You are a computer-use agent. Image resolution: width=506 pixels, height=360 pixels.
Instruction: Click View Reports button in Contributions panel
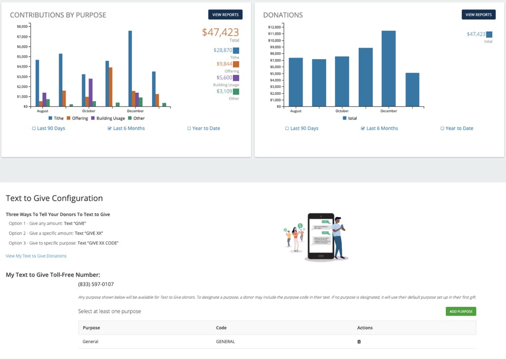225,15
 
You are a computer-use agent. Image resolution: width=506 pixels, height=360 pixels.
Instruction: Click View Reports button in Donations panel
479,15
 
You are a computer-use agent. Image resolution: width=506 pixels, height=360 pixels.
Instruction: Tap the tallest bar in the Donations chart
388,69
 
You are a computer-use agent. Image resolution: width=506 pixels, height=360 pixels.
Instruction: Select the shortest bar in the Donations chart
412,90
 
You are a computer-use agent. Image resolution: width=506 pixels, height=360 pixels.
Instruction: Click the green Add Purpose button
461,312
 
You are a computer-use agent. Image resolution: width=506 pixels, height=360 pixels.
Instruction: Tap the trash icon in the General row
359,342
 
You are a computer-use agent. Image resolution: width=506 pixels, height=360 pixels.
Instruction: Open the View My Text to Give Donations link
36,256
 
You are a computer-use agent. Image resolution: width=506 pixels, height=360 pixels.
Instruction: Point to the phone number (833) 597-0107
96,285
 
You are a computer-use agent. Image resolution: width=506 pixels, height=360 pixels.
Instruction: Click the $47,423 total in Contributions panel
220,32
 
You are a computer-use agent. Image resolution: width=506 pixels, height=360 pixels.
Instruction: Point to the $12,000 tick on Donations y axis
275,27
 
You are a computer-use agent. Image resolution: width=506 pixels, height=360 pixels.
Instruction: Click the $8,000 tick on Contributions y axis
22,26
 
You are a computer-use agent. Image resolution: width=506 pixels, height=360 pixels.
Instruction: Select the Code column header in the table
221,328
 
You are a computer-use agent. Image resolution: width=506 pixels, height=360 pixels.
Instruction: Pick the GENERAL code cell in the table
226,342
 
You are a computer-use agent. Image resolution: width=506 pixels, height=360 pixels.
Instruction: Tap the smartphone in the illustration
321,236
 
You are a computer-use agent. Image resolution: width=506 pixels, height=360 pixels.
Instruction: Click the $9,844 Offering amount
225,64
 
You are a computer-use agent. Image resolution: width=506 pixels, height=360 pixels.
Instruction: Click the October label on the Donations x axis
342,111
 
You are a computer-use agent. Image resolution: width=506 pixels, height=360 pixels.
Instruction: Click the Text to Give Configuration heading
54,199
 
